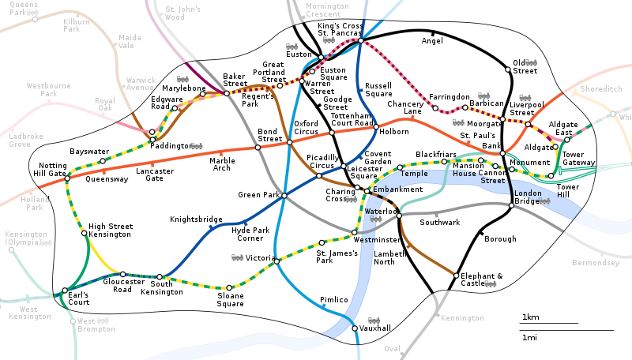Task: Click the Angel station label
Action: point(432,40)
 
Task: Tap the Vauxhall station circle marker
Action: point(355,328)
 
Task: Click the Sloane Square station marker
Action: point(229,287)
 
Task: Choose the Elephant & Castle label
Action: point(483,279)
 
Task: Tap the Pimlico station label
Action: point(334,300)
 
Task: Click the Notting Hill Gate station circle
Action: point(67,178)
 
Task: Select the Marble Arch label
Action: point(222,164)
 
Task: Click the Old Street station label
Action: point(524,66)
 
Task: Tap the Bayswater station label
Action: point(89,151)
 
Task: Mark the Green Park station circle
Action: point(284,195)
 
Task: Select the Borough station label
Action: point(500,239)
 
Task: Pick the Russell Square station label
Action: point(378,90)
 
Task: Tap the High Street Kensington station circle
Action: point(84,233)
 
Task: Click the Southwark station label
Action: point(439,223)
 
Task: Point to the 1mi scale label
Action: point(529,337)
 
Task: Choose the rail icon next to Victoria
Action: point(236,257)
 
